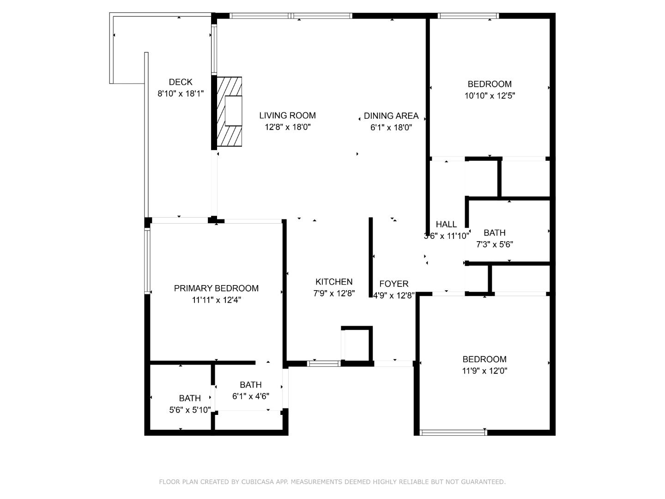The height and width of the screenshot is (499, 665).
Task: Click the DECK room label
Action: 181,82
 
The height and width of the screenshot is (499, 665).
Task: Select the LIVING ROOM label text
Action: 287,116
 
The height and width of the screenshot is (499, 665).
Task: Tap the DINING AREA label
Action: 391,116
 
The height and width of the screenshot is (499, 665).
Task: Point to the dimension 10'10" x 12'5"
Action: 490,96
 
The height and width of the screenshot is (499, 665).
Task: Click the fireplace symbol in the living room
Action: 230,111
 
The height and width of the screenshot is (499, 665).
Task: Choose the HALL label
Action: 446,225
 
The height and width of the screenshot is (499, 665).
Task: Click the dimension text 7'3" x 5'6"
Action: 495,244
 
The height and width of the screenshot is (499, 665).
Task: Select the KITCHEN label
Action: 334,282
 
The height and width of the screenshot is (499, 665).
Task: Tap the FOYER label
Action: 393,284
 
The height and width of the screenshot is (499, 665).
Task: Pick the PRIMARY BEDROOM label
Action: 216,288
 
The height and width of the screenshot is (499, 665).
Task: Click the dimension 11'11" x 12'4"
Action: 216,300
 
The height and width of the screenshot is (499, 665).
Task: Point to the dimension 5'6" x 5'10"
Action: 190,410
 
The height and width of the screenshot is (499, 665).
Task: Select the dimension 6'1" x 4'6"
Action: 251,396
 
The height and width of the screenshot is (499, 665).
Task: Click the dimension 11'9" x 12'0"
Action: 484,371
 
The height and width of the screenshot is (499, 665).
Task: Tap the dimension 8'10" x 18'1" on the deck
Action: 181,94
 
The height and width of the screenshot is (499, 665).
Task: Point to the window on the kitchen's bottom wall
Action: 324,364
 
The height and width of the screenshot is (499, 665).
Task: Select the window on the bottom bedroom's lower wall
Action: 453,433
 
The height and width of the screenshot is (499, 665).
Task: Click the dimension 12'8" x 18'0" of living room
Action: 287,127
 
